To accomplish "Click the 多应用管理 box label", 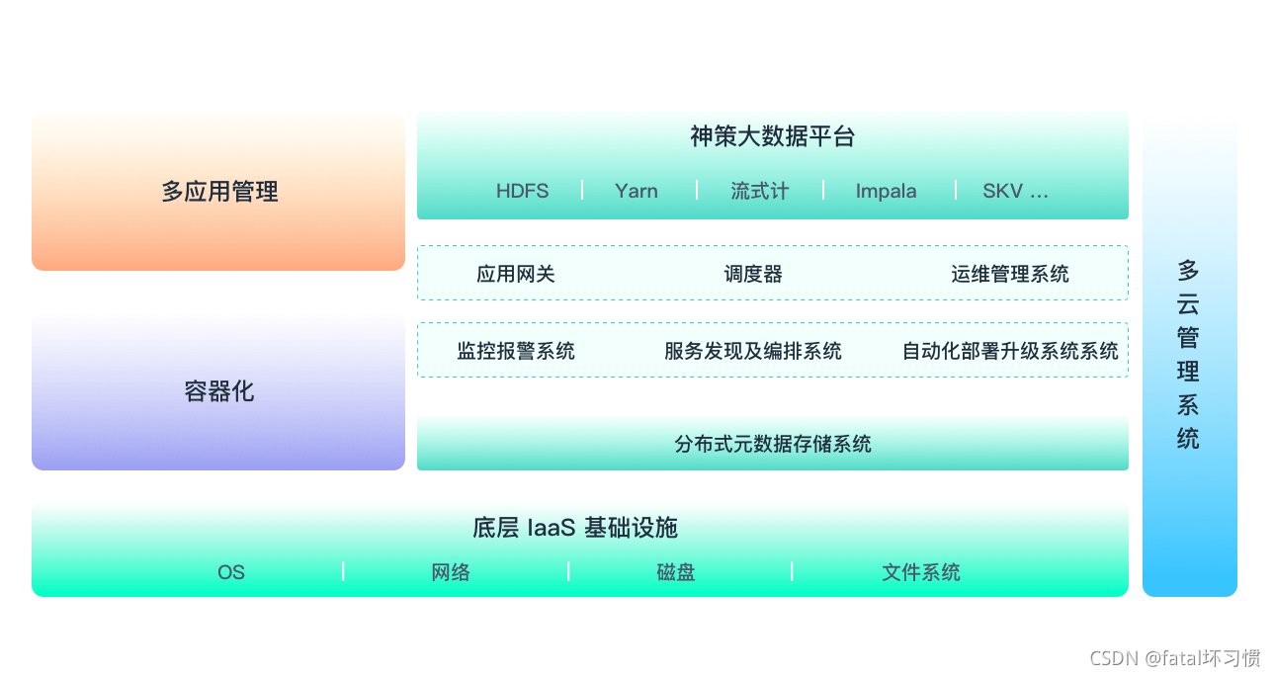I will [219, 191].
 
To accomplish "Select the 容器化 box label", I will [219, 391].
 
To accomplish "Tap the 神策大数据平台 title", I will [772, 136].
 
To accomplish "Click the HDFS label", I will [522, 191].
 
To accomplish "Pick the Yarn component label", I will [636, 191].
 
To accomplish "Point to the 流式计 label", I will [760, 191].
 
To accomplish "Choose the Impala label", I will [886, 191].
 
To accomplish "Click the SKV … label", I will [1015, 191].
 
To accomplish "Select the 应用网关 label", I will [516, 274].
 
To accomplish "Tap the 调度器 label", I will [753, 274].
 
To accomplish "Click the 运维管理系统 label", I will [1010, 274].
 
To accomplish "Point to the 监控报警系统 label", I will [516, 351].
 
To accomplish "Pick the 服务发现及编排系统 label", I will [753, 351].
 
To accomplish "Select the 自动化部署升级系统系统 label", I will [1010, 351].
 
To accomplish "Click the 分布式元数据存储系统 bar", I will [773, 444].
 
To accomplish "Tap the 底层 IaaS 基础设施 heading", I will [575, 527].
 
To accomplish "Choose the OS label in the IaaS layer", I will [231, 572].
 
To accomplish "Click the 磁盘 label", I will [676, 572].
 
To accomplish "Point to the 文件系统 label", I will [921, 572].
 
